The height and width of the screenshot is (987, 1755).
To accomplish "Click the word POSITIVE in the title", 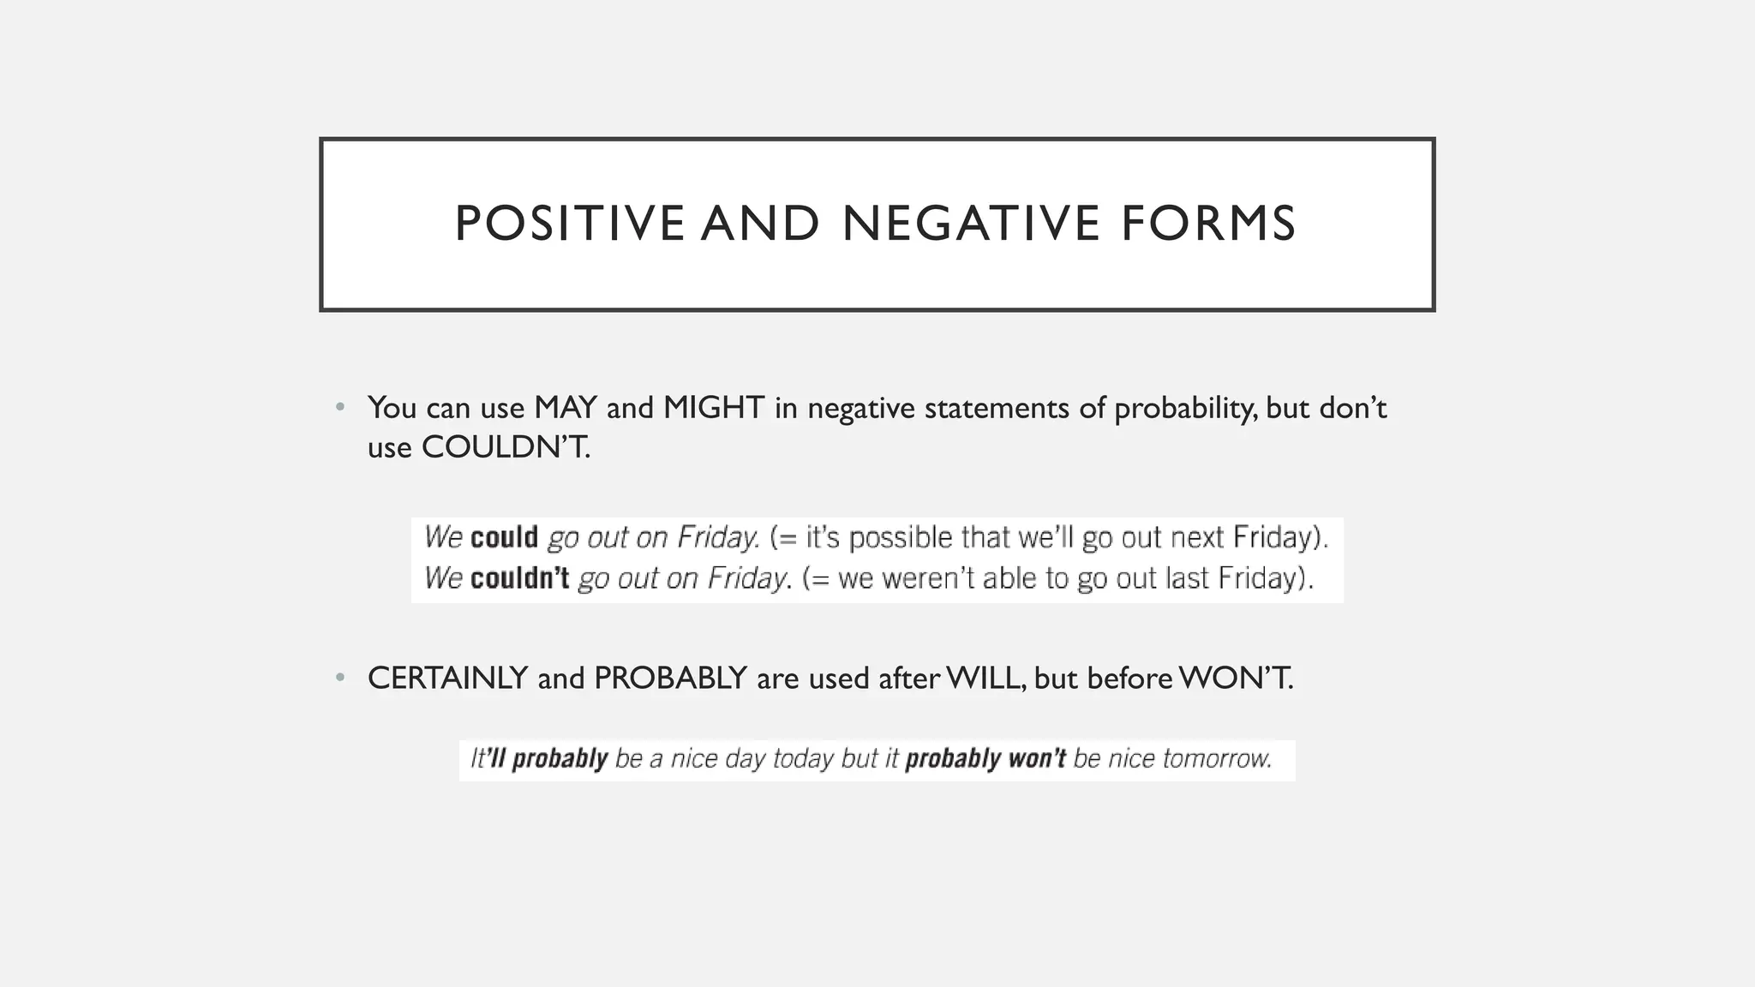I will point(569,224).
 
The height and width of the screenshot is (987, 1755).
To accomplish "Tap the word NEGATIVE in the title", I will point(971,224).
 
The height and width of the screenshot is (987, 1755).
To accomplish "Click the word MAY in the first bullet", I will point(565,408).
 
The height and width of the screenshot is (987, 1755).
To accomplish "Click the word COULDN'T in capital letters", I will point(506,447).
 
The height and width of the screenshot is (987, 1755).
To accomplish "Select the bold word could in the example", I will point(504,537).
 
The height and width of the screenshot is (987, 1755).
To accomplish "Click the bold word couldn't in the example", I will point(519,578).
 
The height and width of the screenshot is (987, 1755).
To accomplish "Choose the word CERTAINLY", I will point(447,679).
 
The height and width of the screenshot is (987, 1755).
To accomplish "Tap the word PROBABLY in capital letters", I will point(670,679).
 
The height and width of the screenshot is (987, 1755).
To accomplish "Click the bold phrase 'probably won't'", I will point(985,759).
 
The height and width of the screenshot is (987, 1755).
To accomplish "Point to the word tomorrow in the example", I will point(1216,759).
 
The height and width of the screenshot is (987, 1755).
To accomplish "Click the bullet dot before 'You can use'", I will point(340,407).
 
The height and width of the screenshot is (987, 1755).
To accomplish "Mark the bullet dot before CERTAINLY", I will point(340,678).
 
